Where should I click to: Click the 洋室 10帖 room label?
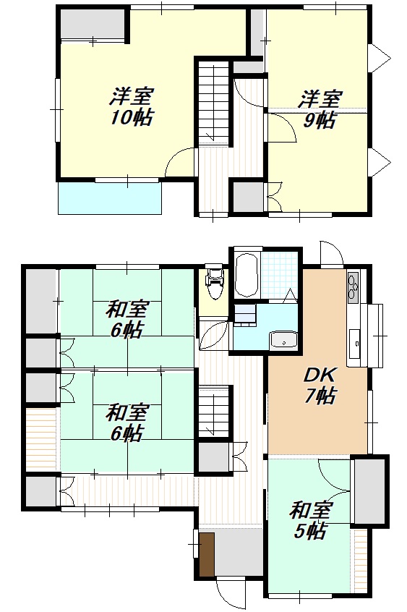pyautogui.click(x=131, y=106)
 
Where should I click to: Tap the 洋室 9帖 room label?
pyautogui.click(x=320, y=109)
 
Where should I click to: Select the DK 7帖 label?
pyautogui.click(x=320, y=386)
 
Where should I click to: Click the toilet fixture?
pyautogui.click(x=214, y=282)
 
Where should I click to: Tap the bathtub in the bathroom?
pyautogui.click(x=247, y=275)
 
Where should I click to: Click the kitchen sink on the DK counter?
pyautogui.click(x=356, y=343)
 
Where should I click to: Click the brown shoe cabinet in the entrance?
pyautogui.click(x=207, y=554)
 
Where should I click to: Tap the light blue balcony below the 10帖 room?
pyautogui.click(x=110, y=198)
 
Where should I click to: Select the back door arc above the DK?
pyautogui.click(x=332, y=253)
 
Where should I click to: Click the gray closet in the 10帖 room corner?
pyautogui.click(x=93, y=23)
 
